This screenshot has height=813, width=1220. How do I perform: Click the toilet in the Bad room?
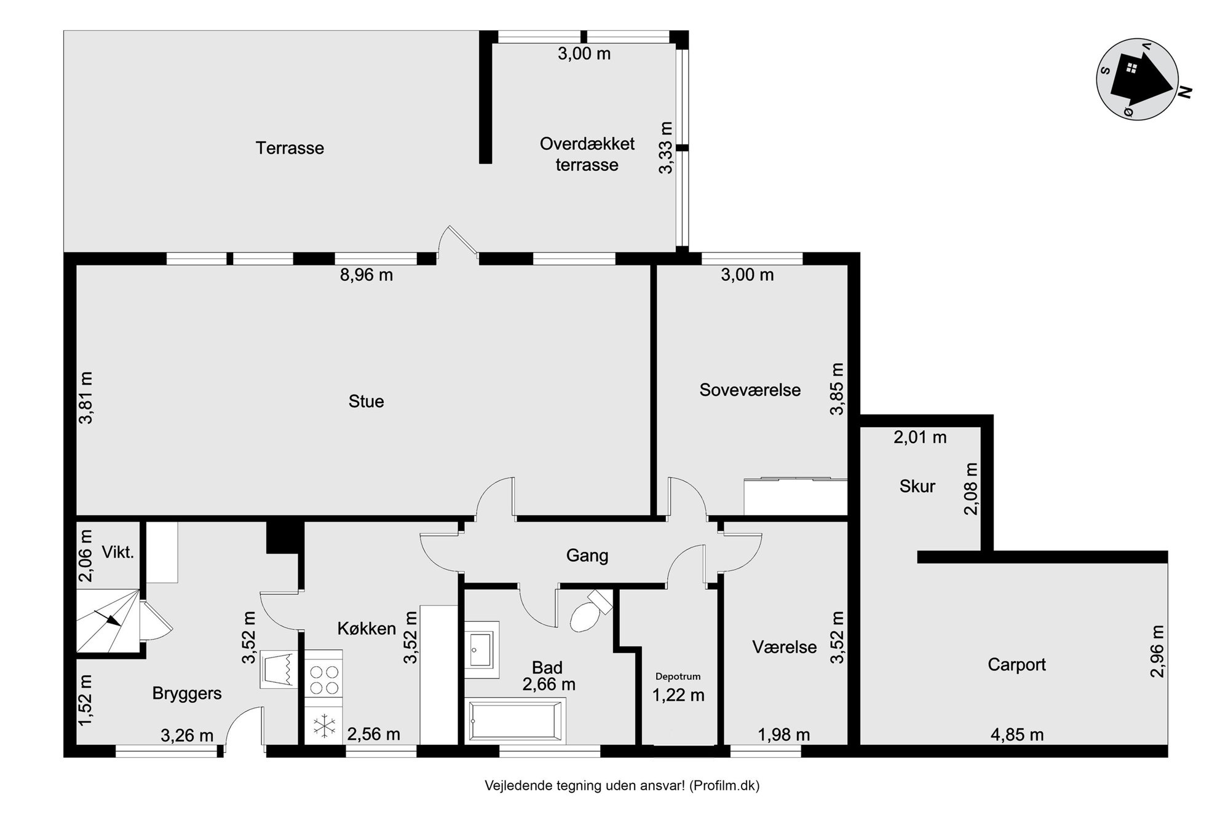tap(589, 610)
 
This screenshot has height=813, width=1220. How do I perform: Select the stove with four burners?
tap(324, 678)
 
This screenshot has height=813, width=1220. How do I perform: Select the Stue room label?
tap(366, 401)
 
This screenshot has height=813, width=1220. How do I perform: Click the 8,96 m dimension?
tap(366, 275)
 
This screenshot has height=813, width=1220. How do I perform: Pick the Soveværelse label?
tap(750, 390)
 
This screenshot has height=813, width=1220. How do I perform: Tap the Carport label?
tap(1016, 664)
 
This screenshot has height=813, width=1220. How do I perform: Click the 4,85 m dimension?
tap(1017, 734)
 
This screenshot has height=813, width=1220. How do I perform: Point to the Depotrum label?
tap(678, 677)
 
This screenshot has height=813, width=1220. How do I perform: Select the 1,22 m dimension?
tap(678, 695)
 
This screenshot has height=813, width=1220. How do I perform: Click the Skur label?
tap(917, 486)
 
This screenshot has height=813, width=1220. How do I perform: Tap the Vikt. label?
tap(118, 552)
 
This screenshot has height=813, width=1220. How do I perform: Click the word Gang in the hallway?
tap(587, 556)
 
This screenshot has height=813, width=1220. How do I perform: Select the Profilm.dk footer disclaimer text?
tap(622, 785)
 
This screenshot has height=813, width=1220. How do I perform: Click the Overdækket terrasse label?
tap(587, 154)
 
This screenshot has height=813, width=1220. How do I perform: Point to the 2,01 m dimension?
tap(920, 438)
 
